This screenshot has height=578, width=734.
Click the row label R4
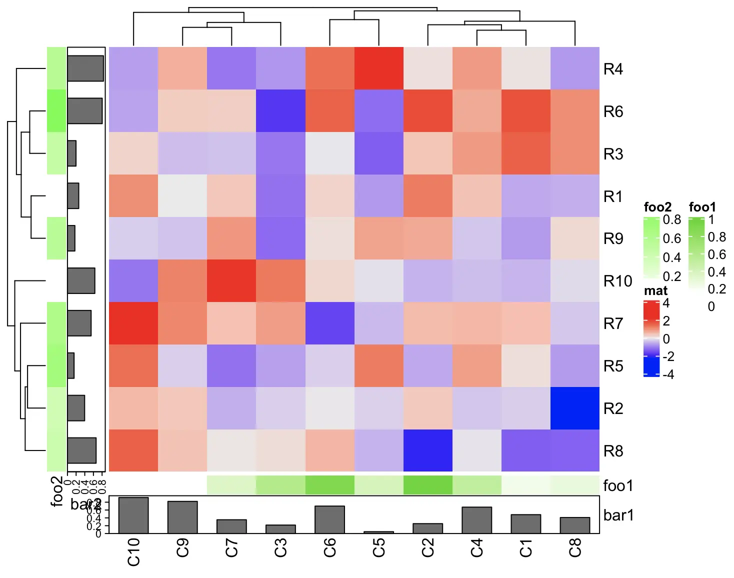[x=613, y=69]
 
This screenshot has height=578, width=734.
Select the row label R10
[x=617, y=281]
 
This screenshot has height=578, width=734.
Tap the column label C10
[x=133, y=552]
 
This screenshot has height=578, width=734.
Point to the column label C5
[x=378, y=547]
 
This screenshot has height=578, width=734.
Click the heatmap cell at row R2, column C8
[x=574, y=408]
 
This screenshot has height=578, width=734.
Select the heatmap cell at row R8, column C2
[x=427, y=450]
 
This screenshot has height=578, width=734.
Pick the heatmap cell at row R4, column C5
[x=378, y=68]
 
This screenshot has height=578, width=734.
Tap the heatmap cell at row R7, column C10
[x=133, y=323]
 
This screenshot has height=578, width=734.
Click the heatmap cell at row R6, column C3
[x=280, y=110]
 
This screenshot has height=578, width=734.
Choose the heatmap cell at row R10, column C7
[x=231, y=280]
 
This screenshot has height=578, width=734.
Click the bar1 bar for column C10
[x=133, y=515]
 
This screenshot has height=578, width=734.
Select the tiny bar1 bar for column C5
[x=378, y=532]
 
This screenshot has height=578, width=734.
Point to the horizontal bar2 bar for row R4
[x=85, y=68]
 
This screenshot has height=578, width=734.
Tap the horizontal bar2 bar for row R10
[x=81, y=280]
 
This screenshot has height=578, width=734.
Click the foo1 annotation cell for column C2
[x=427, y=485]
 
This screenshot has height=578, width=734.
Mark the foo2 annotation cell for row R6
[x=56, y=110]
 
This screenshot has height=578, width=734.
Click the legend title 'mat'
[x=655, y=290]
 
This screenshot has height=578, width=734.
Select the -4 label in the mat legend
[x=668, y=374]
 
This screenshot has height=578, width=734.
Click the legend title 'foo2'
[x=657, y=207]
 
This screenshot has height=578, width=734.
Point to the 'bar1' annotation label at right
[x=618, y=515]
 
